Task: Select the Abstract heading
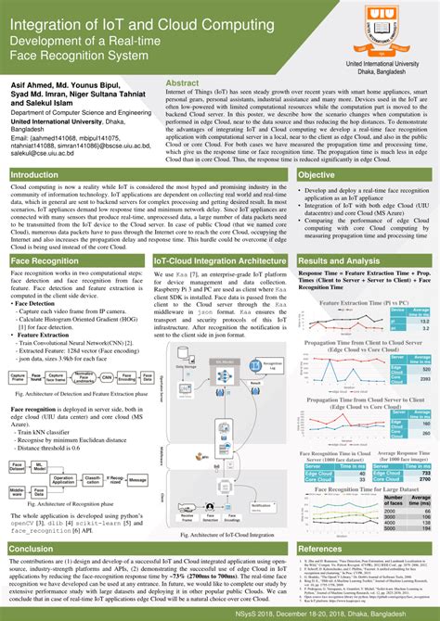pos(182,83)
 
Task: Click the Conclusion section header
pos(32,549)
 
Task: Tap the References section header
pos(321,549)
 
